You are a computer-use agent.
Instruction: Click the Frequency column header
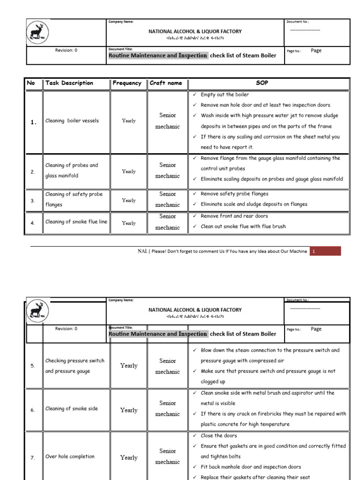point(127,83)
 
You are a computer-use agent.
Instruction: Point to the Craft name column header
point(166,83)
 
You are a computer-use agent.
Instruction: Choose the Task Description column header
point(69,83)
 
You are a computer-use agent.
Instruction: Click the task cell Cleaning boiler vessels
point(72,121)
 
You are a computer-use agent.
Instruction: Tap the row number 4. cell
point(33,224)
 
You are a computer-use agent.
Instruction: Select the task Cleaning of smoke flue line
point(76,222)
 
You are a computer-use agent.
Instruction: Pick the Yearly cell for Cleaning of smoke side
point(129,410)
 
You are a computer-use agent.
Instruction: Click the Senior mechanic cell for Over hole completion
point(167,456)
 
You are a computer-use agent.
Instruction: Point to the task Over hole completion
point(70,457)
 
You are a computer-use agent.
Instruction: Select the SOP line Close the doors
point(218,436)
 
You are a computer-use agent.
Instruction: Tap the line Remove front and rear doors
point(235,216)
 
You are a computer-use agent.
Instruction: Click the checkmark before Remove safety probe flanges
point(195,194)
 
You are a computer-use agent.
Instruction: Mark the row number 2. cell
point(33,172)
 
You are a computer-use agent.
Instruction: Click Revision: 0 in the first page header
point(66,50)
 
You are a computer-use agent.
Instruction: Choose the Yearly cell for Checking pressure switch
point(129,366)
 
